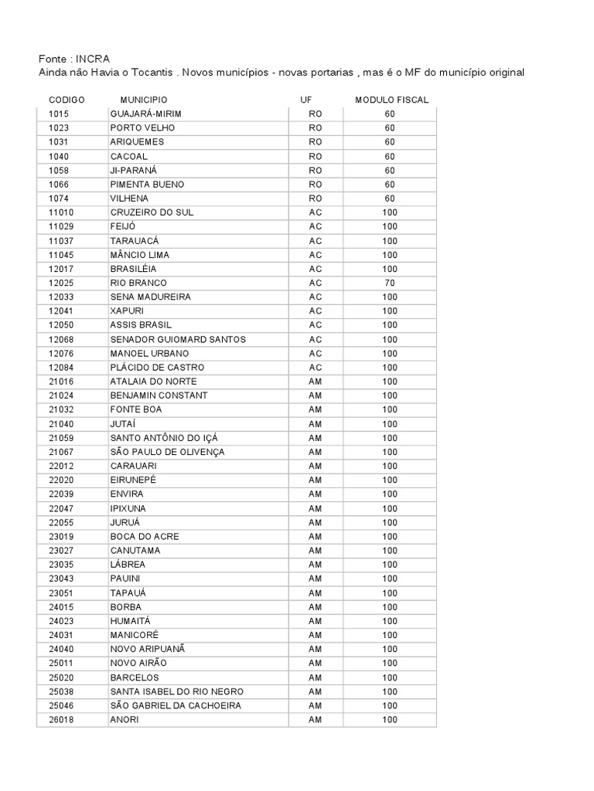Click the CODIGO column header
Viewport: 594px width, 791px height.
point(67,100)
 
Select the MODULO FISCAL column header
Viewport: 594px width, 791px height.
point(391,100)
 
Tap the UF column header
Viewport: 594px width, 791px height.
point(306,100)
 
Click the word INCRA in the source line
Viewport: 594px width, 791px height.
point(93,59)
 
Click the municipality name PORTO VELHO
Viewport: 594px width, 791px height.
point(142,128)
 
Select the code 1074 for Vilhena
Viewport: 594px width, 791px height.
point(59,199)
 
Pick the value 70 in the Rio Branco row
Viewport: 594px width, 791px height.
point(389,283)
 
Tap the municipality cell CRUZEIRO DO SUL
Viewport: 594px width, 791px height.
point(152,212)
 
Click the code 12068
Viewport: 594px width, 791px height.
point(61,339)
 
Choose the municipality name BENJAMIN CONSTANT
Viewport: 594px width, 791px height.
point(159,395)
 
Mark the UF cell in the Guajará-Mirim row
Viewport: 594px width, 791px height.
point(315,114)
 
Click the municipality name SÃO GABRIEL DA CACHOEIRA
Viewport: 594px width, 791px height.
point(176,705)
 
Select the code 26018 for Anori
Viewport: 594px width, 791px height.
point(61,720)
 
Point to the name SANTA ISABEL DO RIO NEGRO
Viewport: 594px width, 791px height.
point(177,691)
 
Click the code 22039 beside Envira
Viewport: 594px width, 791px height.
point(61,494)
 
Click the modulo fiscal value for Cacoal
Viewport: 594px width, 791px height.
point(389,156)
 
